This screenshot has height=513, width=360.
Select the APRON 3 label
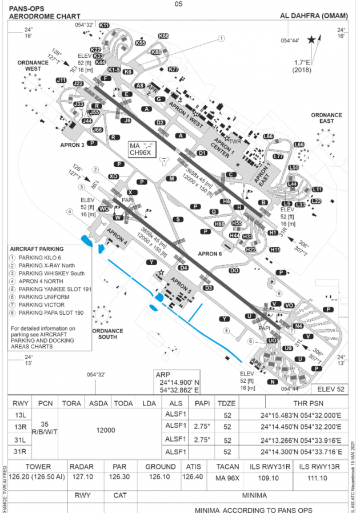[x=73, y=145]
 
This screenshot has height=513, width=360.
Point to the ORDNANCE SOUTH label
[x=107, y=334]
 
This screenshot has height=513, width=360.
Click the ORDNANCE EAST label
[x=326, y=118]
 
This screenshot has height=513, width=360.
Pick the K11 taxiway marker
[x=104, y=25]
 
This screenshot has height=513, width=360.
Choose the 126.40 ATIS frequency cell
[x=192, y=476]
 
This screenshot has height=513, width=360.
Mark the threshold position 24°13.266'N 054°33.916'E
[x=301, y=440]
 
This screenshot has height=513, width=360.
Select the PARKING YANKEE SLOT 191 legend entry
[x=55, y=289]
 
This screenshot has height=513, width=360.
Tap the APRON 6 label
[x=209, y=254]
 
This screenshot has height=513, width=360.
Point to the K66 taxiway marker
[x=163, y=36]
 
